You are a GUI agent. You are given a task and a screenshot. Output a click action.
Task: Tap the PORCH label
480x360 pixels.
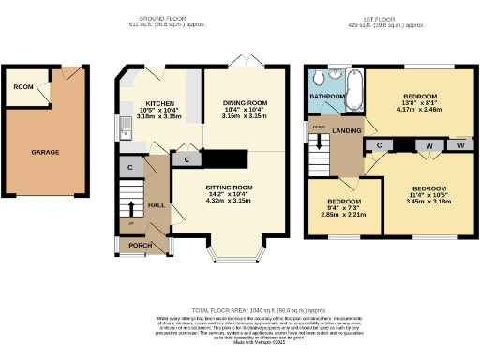pyautogui.click(x=140, y=246)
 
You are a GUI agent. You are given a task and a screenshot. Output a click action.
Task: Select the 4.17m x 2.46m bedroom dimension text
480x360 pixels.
pyautogui.click(x=420, y=110)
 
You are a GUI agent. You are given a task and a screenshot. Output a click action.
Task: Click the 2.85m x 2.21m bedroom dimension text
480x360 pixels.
pyautogui.click(x=344, y=215)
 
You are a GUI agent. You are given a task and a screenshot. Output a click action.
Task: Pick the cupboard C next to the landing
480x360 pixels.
pyautogui.click(x=381, y=145)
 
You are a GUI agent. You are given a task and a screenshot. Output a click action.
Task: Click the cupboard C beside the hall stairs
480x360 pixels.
pyautogui.click(x=128, y=168)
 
